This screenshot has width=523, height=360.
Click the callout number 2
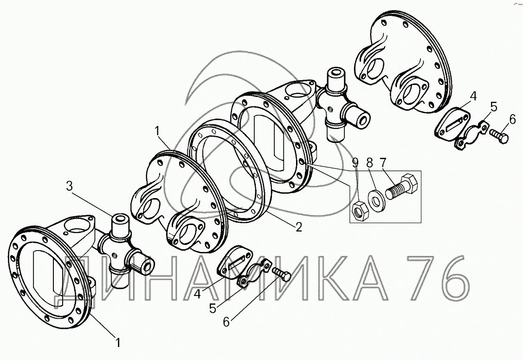pyautogui.click(x=298, y=227)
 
